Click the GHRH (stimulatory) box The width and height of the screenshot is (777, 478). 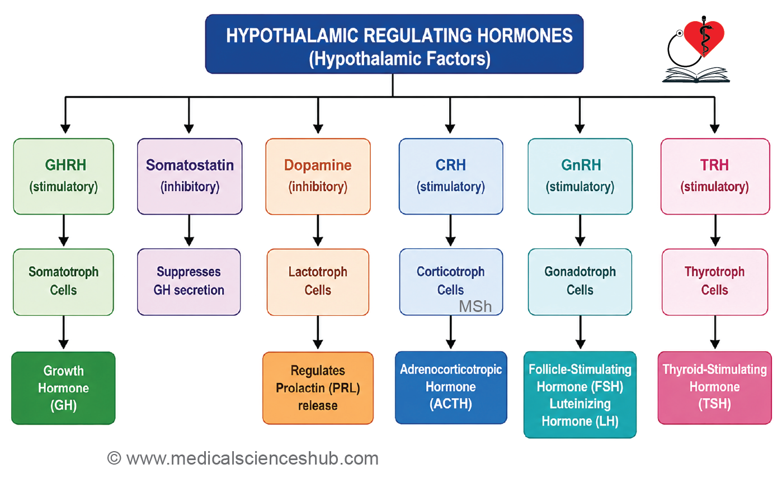(63, 177)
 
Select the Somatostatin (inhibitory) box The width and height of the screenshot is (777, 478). (190, 177)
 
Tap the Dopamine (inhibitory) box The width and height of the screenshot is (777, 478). (318, 177)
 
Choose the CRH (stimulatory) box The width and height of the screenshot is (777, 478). (450, 177)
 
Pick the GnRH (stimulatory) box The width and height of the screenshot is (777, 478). (580, 177)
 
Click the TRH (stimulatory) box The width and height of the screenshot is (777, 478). (715, 177)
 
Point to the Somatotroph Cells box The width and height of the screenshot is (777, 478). (63, 282)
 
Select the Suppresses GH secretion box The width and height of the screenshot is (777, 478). (189, 282)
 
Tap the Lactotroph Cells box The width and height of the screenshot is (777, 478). (318, 282)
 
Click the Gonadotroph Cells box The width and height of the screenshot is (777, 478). (580, 282)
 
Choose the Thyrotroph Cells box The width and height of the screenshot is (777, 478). (714, 282)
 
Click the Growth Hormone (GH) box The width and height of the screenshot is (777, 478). (63, 388)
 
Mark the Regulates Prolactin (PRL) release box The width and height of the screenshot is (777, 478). (318, 388)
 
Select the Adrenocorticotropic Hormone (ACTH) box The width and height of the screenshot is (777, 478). (450, 387)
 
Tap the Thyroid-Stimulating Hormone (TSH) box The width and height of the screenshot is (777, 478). (714, 387)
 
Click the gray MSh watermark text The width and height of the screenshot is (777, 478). (475, 306)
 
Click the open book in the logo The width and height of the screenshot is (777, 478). (696, 75)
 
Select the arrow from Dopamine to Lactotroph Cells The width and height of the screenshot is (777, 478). (318, 230)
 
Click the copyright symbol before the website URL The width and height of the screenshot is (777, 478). (114, 458)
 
